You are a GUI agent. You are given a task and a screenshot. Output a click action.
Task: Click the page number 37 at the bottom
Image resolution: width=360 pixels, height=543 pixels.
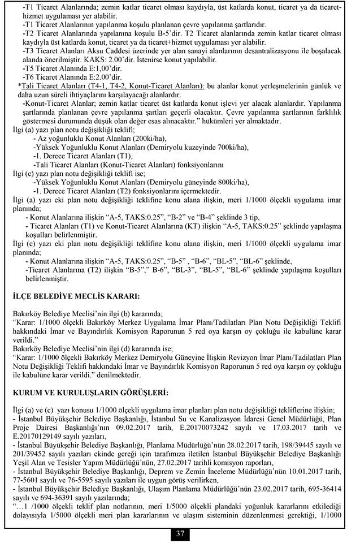tap(180, 533)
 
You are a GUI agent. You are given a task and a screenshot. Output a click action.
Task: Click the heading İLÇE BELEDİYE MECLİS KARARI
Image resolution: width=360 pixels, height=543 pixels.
tap(76, 295)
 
